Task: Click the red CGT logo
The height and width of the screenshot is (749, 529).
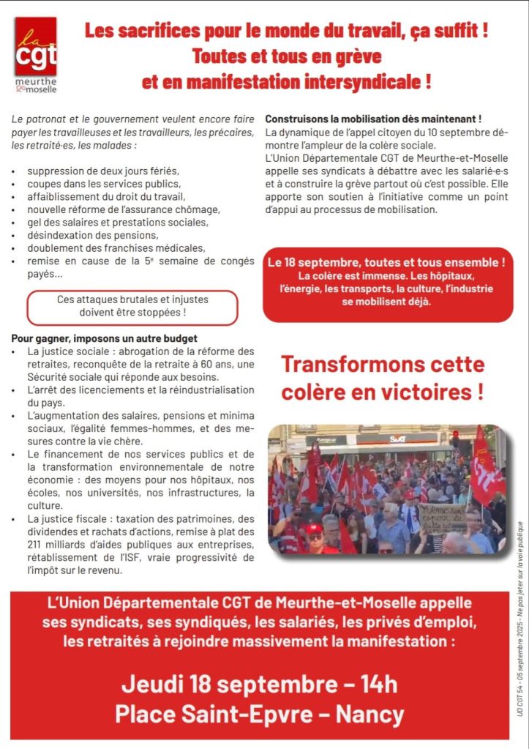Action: click(35, 47)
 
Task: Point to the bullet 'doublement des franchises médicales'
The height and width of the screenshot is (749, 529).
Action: click(116, 248)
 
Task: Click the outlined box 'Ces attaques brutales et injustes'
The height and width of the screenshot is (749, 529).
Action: click(132, 305)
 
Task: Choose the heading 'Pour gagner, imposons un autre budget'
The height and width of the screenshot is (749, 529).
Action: click(104, 338)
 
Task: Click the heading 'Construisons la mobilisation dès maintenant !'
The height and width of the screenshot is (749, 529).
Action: click(372, 119)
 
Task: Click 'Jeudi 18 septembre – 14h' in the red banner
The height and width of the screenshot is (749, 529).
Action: click(259, 684)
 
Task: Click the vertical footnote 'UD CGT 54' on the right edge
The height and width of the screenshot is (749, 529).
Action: click(520, 698)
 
